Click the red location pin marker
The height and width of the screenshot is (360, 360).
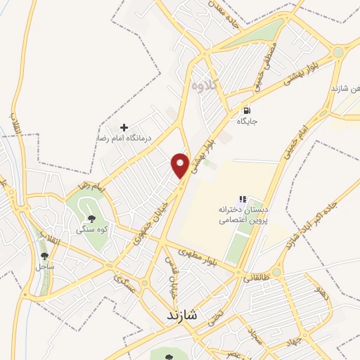coord(181,165)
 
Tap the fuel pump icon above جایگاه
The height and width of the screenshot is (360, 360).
coord(246,110)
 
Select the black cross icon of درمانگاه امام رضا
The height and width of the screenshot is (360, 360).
coord(124,127)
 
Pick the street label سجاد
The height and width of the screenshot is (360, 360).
coord(255,337)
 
